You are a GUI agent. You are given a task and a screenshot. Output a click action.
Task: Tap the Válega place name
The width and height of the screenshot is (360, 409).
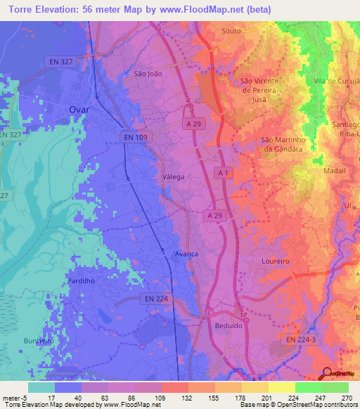(x=173, y=177)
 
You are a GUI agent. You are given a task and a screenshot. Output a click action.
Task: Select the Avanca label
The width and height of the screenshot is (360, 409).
(x=186, y=254)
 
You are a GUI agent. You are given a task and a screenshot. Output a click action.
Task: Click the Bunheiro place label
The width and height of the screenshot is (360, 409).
(x=39, y=341)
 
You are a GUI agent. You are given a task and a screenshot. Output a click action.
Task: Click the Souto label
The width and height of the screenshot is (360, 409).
(x=231, y=32)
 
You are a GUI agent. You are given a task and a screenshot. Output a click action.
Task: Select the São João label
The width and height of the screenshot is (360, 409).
(x=148, y=72)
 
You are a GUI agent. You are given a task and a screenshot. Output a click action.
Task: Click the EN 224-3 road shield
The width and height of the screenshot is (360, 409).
(x=302, y=339)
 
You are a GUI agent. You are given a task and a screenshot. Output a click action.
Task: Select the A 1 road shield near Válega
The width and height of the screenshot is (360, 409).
(x=223, y=173)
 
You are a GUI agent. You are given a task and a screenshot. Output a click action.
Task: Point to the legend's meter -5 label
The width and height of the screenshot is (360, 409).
(x=15, y=398)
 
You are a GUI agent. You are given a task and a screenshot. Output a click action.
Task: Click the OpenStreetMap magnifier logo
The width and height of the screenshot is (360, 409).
(x=326, y=373)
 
